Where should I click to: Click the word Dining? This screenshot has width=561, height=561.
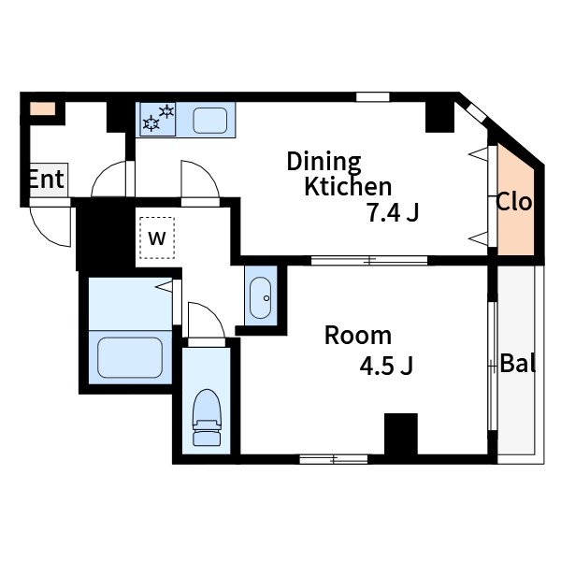[324, 163]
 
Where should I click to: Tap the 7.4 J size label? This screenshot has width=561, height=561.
[393, 213]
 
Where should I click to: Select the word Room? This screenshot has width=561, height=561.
[358, 336]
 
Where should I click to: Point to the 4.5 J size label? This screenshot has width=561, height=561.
[386, 366]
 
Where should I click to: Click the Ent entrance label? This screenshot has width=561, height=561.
[47, 179]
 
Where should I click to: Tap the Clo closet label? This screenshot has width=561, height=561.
[513, 202]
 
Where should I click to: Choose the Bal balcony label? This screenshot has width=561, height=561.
[517, 363]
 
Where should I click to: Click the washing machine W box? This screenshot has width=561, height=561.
[157, 237]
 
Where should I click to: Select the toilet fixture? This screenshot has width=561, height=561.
[207, 417]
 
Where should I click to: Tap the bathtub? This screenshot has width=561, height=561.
[130, 357]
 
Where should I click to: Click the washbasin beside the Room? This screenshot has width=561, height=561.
[261, 297]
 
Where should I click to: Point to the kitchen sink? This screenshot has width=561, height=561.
[210, 121]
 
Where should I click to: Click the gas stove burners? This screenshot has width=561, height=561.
[158, 119]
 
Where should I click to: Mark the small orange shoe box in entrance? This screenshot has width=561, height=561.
[43, 108]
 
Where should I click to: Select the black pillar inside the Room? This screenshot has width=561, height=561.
[401, 434]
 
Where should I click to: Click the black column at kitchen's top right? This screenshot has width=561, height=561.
[439, 117]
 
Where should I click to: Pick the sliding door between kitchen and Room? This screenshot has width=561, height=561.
[369, 261]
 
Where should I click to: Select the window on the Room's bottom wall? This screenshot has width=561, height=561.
[334, 459]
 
